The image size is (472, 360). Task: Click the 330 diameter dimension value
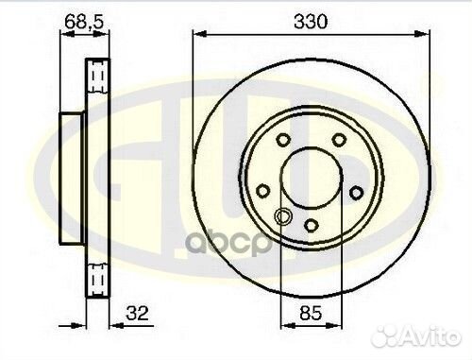point(311,22)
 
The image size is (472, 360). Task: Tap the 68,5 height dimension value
point(84,22)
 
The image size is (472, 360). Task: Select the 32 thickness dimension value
point(137,313)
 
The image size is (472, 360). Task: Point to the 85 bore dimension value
point(311,314)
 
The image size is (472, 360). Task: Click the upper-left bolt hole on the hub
point(282,140)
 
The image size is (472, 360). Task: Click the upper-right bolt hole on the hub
point(339,140)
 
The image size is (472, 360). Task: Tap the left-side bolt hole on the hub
point(263,191)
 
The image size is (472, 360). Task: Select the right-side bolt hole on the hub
point(357,193)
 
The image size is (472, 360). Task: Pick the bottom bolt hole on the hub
point(311,225)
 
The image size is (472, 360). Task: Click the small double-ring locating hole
point(282,216)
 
